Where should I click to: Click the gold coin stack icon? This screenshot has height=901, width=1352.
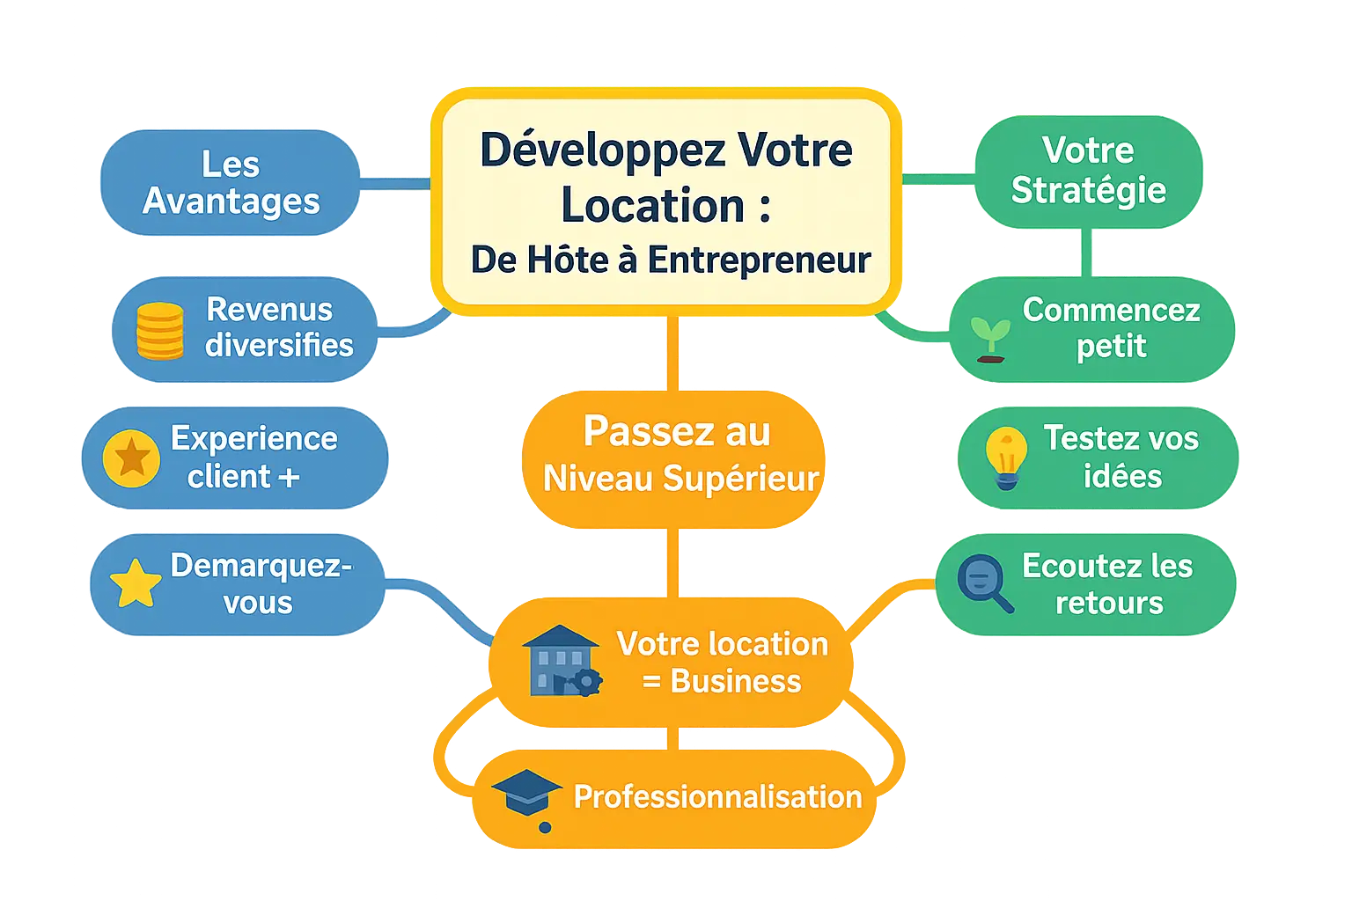[160, 331]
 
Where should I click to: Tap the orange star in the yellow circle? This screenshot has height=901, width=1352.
[131, 458]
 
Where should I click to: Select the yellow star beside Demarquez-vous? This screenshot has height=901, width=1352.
[135, 583]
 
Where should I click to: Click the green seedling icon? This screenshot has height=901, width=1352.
[990, 340]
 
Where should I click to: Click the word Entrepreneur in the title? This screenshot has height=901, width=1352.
[759, 260]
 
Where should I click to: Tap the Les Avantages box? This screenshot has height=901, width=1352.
[231, 183]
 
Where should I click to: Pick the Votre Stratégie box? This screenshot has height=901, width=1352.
[1088, 171]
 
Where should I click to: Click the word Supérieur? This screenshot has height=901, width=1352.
[740, 479]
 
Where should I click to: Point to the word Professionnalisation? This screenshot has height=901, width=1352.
[717, 797]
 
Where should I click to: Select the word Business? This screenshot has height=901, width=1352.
[736, 681]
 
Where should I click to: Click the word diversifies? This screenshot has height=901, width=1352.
[279, 346]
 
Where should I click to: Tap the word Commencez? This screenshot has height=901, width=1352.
[1111, 310]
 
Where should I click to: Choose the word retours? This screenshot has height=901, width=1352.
[1109, 604]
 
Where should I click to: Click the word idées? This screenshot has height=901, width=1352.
[1122, 477]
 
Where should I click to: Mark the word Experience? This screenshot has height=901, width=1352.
[253, 438]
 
